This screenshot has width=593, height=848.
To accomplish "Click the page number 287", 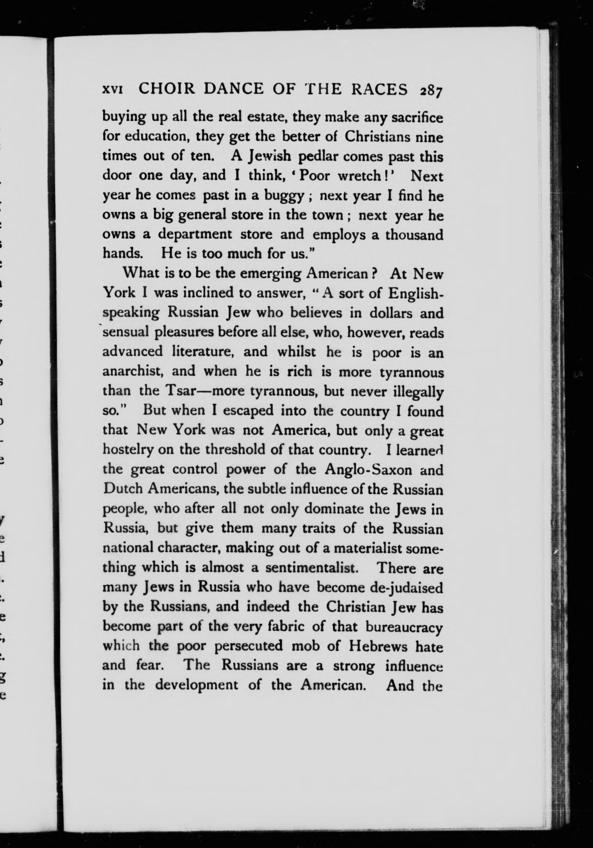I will pyautogui.click(x=430, y=91).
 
